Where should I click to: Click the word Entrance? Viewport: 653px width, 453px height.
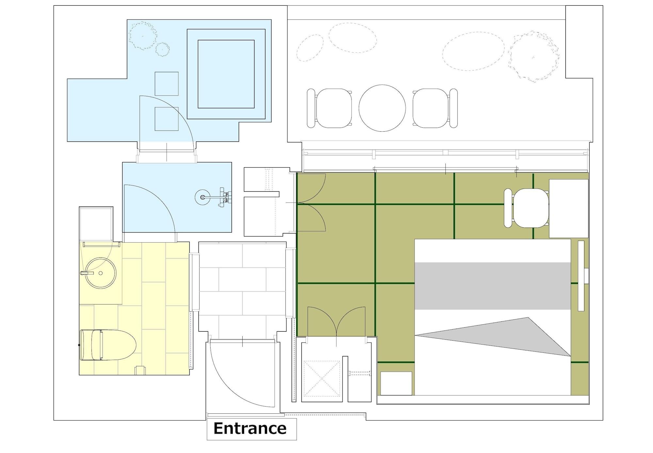250,428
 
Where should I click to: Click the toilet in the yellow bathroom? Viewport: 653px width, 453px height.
108,345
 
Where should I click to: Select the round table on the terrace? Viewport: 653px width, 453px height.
382,108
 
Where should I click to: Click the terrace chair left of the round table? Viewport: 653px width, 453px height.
330,108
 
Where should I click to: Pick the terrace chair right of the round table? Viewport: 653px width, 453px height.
435,108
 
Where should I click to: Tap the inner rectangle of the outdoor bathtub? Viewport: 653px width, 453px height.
226,74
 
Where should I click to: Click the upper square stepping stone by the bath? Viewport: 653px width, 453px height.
167,84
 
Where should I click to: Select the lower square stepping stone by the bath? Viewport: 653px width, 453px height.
167,119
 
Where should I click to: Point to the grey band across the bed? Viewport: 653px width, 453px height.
493,286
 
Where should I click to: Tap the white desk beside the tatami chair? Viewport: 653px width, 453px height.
569,208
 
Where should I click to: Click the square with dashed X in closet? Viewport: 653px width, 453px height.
322,379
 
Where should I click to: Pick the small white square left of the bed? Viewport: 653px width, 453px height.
396,383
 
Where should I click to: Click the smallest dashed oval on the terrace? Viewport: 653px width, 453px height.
310,48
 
